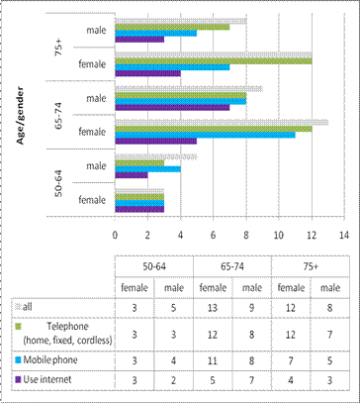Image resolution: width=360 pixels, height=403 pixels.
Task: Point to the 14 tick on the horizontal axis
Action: [343, 235]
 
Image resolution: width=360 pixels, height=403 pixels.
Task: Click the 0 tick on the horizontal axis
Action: [116, 235]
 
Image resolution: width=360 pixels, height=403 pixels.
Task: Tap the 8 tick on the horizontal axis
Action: [246, 235]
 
